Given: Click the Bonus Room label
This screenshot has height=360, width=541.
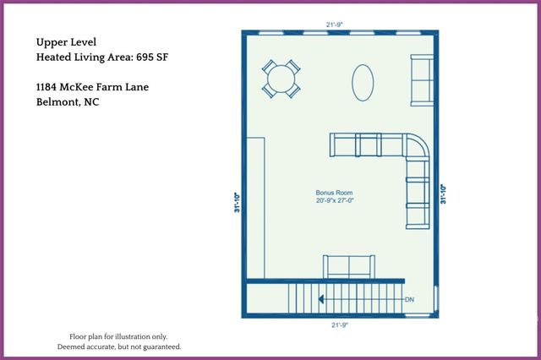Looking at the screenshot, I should click(334, 193).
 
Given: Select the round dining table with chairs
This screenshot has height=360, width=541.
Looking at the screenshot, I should click(281, 79).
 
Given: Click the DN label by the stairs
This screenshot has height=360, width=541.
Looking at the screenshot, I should click(409, 299).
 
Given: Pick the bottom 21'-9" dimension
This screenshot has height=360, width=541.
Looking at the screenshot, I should click(340, 325).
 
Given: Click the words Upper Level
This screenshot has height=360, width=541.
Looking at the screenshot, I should click(66, 41).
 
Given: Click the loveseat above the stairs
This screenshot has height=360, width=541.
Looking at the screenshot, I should click(348, 266).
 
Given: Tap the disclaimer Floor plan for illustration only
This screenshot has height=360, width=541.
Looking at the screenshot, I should click(118, 335).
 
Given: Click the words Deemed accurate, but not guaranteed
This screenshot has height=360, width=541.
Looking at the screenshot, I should click(118, 346).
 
